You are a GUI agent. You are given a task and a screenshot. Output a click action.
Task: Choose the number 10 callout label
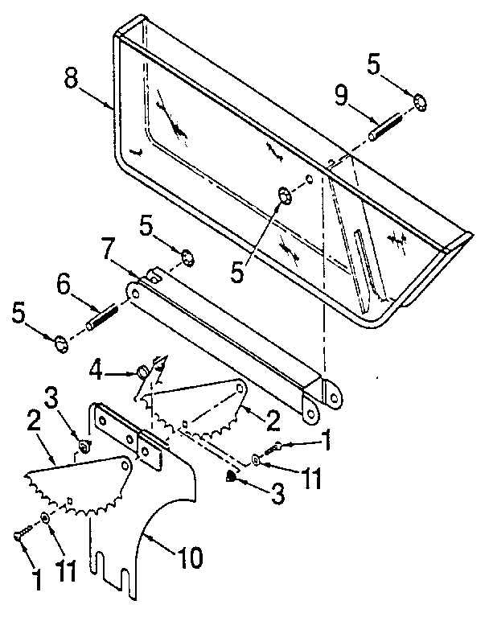190,557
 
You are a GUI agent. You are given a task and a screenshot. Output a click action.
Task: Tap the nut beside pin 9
420,102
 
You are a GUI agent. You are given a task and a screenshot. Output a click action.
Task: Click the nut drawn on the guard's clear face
284,195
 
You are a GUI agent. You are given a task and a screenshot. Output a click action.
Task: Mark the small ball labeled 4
141,372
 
